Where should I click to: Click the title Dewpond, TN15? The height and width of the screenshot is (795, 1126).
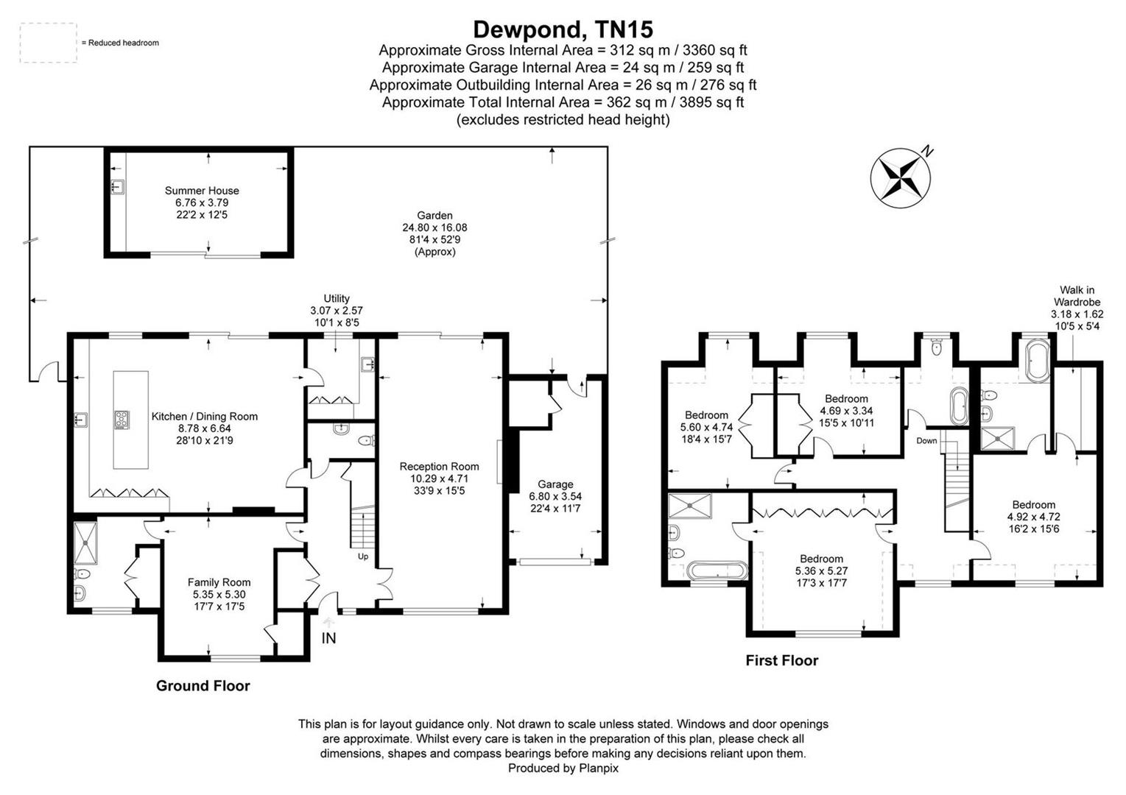tap(563, 29)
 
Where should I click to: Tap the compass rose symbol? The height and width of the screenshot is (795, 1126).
tap(900, 177)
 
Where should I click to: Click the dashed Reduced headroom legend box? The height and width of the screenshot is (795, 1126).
tap(48, 43)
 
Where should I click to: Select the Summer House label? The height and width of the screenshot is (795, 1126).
tap(202, 191)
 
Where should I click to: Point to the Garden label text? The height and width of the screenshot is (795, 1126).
tap(434, 216)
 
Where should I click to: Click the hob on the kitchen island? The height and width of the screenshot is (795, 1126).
tap(122, 420)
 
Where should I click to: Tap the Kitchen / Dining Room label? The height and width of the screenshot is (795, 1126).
tap(204, 417)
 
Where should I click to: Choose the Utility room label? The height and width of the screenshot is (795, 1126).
tap(337, 299)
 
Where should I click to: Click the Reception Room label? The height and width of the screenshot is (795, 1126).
tap(439, 467)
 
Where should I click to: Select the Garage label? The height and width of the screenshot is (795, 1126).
tap(555, 484)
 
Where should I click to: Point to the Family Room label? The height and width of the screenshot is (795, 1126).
tap(219, 582)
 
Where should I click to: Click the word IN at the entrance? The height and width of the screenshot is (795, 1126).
tap(328, 638)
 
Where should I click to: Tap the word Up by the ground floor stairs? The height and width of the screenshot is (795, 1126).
tap(363, 556)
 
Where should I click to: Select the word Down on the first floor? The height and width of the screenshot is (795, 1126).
tap(926, 441)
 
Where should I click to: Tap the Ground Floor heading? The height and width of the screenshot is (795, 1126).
tap(203, 686)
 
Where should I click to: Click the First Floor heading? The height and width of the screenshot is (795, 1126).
tap(781, 661)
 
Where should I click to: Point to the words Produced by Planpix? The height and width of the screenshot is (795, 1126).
tap(563, 768)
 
